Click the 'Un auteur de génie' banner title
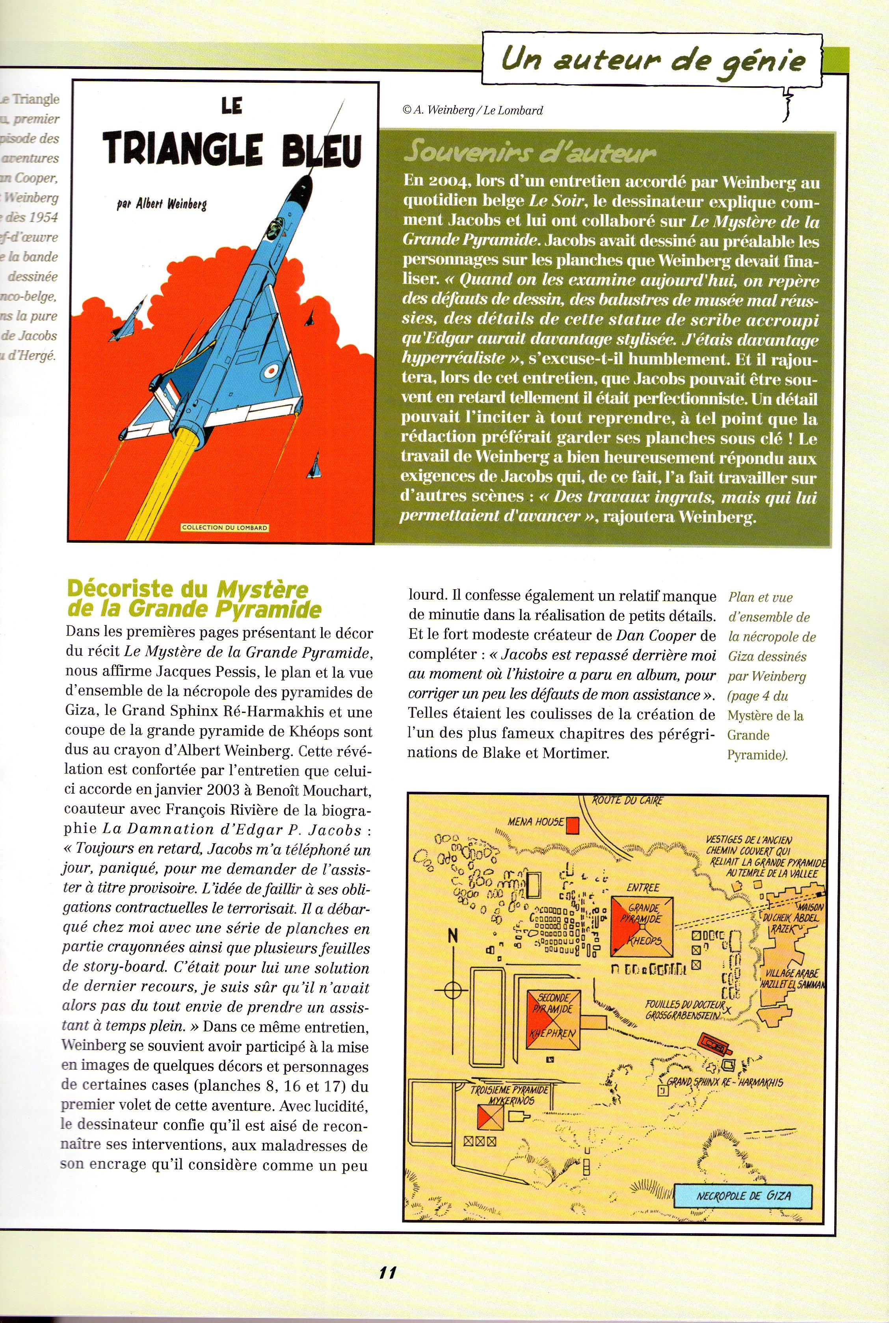653,60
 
